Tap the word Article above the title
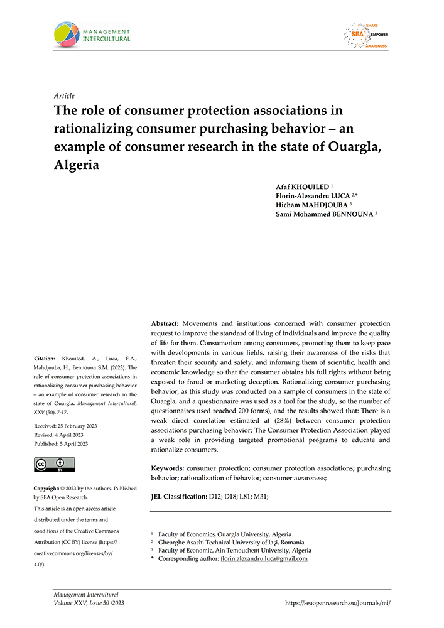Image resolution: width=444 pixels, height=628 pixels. pyautogui.click(x=65, y=96)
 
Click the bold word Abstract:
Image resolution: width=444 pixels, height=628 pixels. pyautogui.click(x=169, y=322)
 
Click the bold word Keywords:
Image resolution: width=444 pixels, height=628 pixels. pyautogui.click(x=168, y=468)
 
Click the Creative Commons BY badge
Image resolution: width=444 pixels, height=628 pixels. pyautogui.click(x=55, y=465)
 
